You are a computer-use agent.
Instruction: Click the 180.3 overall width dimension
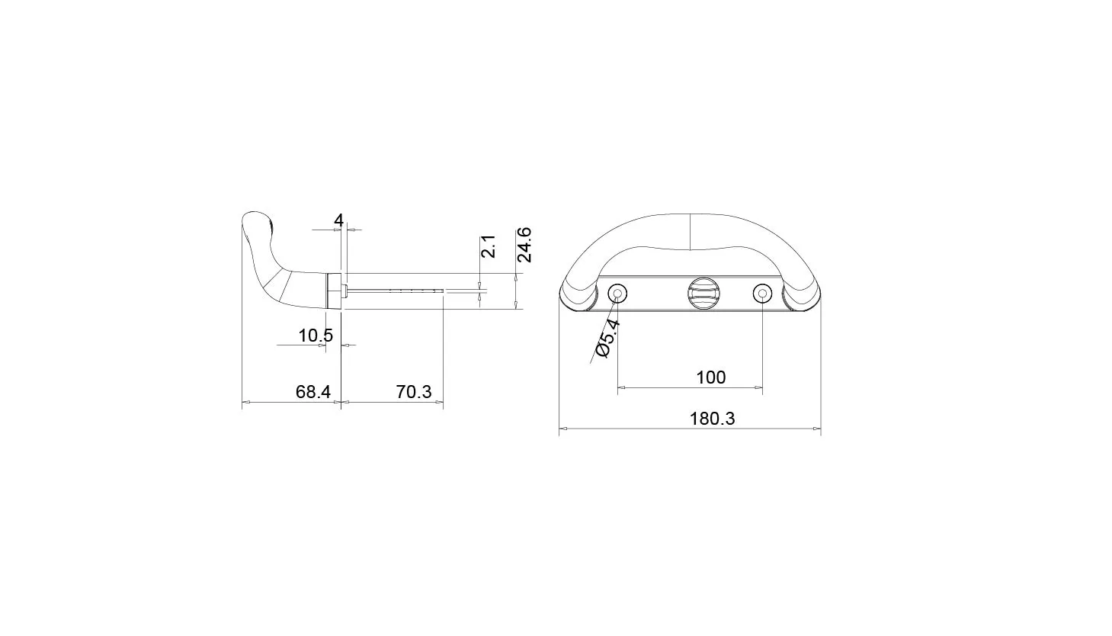tap(712, 419)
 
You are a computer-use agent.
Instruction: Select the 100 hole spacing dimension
tap(711, 377)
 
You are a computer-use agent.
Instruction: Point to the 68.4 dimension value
tap(312, 392)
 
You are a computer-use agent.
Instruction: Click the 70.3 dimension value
tap(414, 392)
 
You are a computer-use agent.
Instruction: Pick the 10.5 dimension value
tap(316, 336)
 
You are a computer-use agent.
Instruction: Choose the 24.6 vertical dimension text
tap(524, 245)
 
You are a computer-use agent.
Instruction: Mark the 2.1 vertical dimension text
tap(489, 246)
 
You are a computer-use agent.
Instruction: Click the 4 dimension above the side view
tap(339, 220)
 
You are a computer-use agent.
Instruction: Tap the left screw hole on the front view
tap(617, 294)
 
